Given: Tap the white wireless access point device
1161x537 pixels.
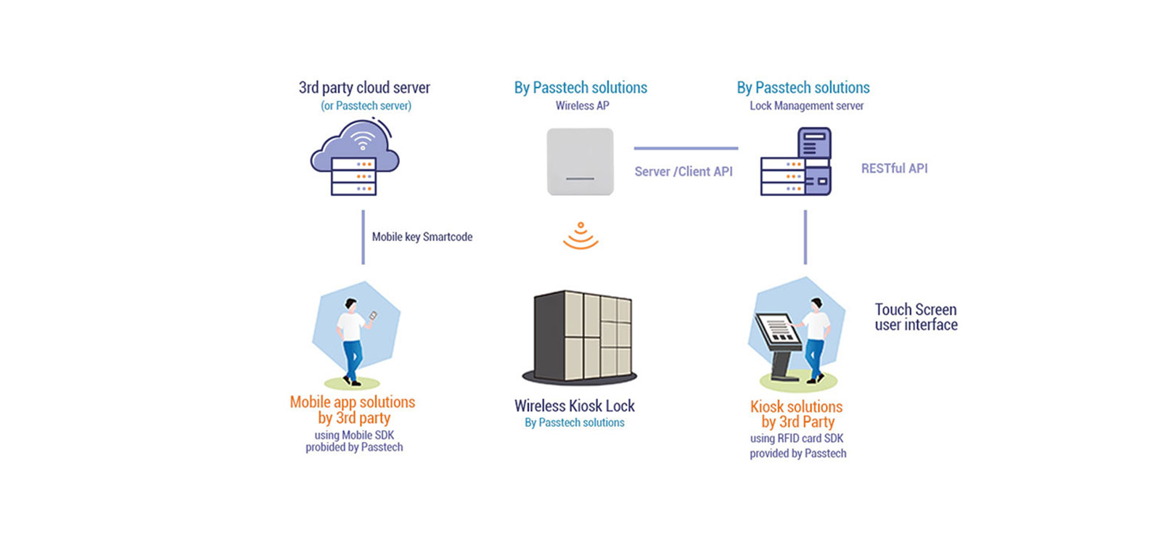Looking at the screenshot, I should pos(580,162).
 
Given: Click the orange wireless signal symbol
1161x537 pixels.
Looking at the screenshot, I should pos(580,236).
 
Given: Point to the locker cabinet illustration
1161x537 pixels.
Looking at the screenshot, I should pos(580,337).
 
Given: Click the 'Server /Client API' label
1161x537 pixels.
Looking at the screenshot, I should pos(683,172).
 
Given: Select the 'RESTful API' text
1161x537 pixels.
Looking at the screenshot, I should pos(894,168).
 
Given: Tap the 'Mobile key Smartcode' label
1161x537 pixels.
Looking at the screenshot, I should pos(422,237).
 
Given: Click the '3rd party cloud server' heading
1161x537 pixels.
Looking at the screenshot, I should pos(364,88).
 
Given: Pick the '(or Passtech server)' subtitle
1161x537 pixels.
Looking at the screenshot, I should pos(366,106).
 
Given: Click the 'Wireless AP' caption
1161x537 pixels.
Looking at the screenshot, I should pos(582,106).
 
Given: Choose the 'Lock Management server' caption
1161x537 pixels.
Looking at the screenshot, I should pos(806,106).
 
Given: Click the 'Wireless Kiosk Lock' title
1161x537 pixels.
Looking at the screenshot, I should pos(574,406).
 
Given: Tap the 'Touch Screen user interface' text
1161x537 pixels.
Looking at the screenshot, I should pos(916,317).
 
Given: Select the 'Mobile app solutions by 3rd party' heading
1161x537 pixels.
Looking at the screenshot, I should pos(353,410).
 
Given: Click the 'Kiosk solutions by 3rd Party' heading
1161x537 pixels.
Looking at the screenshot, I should pos(797,414).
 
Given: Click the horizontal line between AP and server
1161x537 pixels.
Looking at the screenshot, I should pos(686,148).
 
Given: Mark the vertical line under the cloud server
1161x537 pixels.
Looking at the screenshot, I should pos(363,237).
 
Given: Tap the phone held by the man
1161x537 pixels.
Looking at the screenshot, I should pos(373,316).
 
